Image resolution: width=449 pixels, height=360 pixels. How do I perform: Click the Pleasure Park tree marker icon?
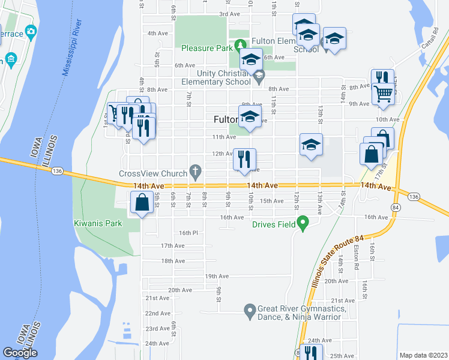tap(240, 45)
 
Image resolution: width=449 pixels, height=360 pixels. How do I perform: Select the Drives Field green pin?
tap(303, 224)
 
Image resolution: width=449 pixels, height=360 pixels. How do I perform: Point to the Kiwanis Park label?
tap(98, 223)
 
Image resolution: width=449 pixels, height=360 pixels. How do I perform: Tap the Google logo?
tap(20, 353)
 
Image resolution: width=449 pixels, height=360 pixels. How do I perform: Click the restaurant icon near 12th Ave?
tap(244, 159)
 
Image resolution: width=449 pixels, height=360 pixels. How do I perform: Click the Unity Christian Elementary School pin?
tap(259, 76)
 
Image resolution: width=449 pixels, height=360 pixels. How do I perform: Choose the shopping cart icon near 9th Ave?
tap(382, 94)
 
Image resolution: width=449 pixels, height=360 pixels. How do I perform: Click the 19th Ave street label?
tap(217, 276)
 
